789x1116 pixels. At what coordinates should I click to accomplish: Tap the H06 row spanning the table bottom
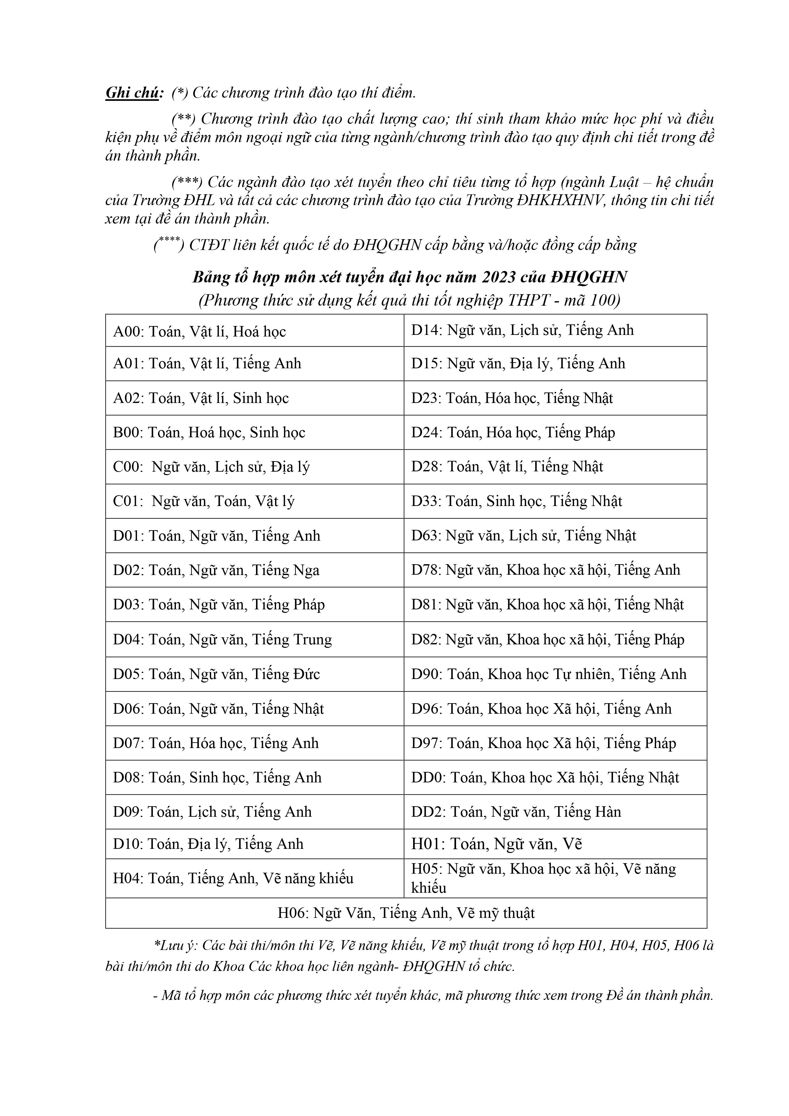click(x=406, y=913)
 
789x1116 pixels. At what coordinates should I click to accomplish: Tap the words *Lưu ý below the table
click(x=175, y=946)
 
